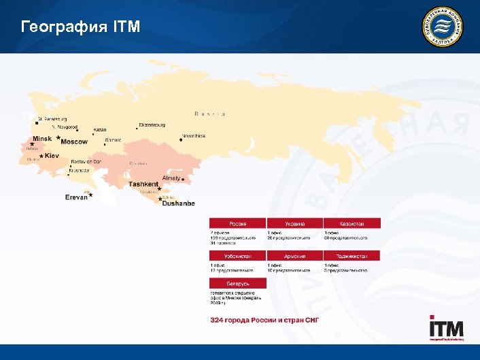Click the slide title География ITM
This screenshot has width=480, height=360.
(x=81, y=27)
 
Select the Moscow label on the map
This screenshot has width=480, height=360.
(x=74, y=142)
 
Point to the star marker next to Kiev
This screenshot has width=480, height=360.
(x=40, y=156)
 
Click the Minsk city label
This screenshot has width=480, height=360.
(x=42, y=139)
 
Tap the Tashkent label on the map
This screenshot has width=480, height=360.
(x=143, y=184)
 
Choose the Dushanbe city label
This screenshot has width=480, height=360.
(x=178, y=203)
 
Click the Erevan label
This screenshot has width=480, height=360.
(x=76, y=197)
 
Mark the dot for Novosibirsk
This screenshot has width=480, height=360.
(x=181, y=140)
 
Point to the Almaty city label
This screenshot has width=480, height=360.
(x=171, y=178)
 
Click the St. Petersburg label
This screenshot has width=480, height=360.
(x=52, y=119)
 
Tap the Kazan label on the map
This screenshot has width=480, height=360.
(x=99, y=130)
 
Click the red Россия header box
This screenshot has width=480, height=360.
(x=237, y=223)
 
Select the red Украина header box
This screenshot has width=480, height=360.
(x=295, y=223)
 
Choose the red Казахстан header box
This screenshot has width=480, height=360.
(x=352, y=223)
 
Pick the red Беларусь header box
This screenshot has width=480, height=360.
(x=237, y=282)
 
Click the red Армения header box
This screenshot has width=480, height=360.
(x=295, y=257)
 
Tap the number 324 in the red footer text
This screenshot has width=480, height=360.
(x=218, y=320)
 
